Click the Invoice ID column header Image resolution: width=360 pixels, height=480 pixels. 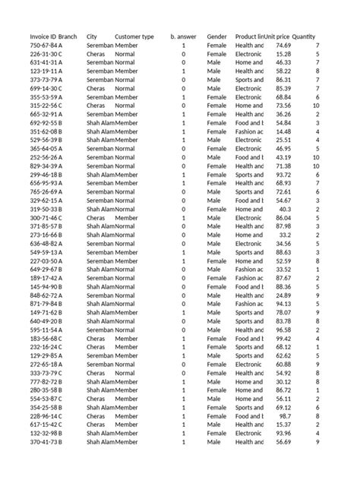43,36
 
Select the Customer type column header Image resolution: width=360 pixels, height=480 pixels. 134,36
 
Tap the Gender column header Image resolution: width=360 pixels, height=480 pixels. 216,36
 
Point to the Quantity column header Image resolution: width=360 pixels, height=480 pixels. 304,36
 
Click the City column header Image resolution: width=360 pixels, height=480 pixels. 92,36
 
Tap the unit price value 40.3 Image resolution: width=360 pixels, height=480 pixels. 285,208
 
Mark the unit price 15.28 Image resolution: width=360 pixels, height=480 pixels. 283,54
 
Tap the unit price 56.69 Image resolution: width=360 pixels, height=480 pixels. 283,441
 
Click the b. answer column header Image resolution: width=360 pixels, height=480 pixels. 183,36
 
